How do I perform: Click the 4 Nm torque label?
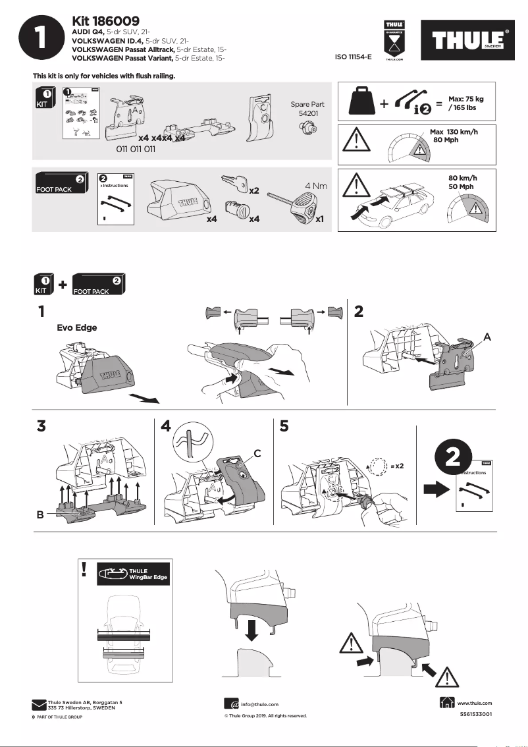tap(316, 186)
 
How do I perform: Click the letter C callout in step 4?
tap(258, 453)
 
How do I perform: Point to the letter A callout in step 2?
tap(487, 336)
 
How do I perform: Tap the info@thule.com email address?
tap(261, 704)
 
